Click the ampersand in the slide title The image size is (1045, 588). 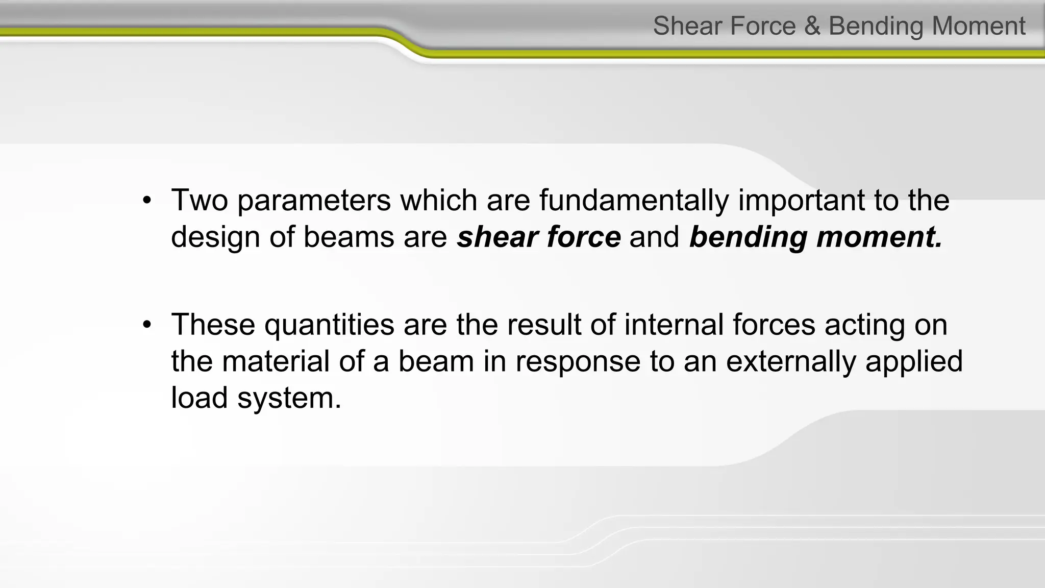pyautogui.click(x=812, y=26)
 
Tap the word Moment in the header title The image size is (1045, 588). pyautogui.click(x=979, y=26)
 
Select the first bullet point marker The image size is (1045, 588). pyautogui.click(x=147, y=200)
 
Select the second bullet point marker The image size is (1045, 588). pyautogui.click(x=147, y=325)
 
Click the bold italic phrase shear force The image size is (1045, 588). pyautogui.click(x=539, y=237)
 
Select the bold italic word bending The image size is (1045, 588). pyautogui.click(x=748, y=237)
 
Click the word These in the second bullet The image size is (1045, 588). pyautogui.click(x=213, y=324)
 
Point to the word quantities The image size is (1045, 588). pyautogui.click(x=329, y=324)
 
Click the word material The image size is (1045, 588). pyautogui.click(x=276, y=361)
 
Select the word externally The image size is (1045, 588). pyautogui.click(x=790, y=361)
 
